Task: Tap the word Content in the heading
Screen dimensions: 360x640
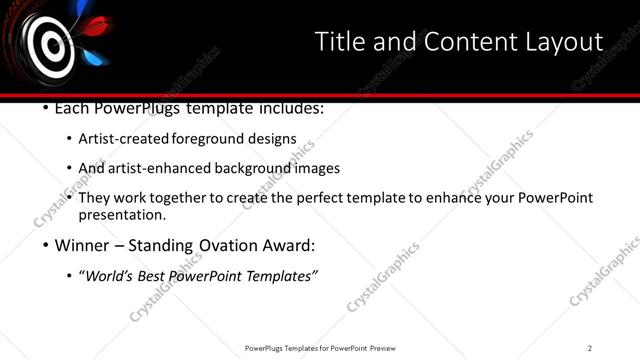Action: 458,42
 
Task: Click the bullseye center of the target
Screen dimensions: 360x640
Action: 49,44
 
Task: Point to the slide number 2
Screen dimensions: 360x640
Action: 590,348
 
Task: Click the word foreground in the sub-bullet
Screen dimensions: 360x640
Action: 209,138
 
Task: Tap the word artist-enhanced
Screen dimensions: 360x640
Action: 160,168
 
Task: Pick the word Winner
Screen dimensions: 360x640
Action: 81,245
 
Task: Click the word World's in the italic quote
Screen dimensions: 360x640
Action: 110,276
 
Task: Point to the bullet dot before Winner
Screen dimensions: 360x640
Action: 46,245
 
